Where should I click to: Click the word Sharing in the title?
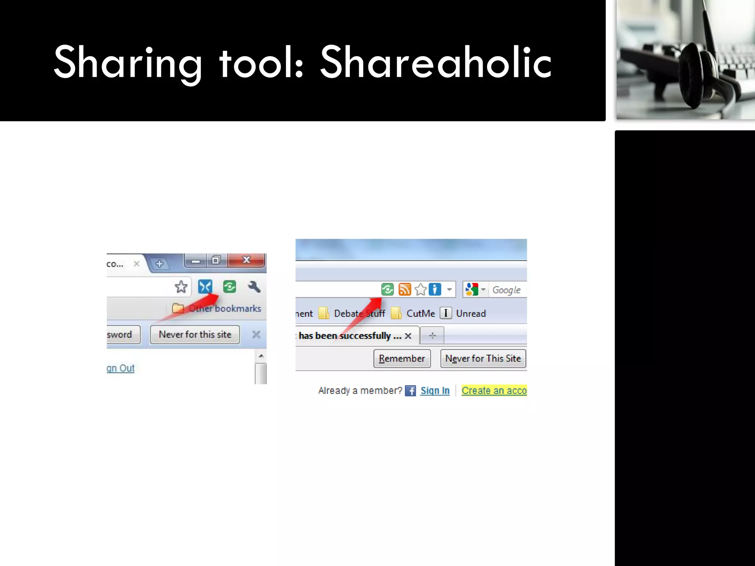coord(128,63)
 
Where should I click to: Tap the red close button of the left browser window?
coord(246,260)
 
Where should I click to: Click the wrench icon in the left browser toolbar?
coord(254,286)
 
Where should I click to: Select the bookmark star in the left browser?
coord(181,286)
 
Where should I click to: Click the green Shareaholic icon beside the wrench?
coord(230,286)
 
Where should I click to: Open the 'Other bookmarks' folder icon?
coord(178,308)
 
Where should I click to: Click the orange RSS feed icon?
coord(404,289)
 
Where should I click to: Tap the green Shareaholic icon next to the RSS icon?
coord(387,289)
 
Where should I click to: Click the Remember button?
coord(402,359)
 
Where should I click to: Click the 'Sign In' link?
coord(435,391)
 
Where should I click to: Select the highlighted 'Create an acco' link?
coord(494,391)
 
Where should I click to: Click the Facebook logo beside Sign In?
coord(410,391)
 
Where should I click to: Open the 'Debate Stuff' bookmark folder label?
coord(359,314)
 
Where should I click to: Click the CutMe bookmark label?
coord(421,314)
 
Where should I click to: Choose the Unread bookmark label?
coord(471,314)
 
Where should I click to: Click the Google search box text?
coord(507,290)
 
